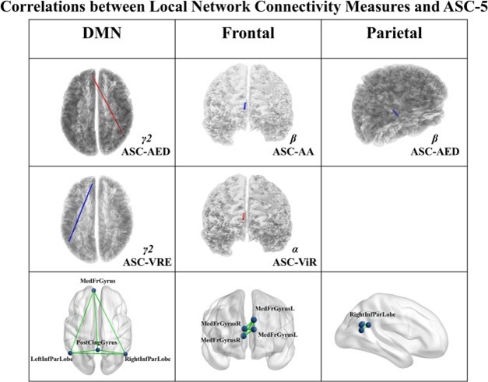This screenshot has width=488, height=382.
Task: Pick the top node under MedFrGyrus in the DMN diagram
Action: pos(94,289)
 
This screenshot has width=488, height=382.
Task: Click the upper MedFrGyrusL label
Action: pos(275,309)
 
